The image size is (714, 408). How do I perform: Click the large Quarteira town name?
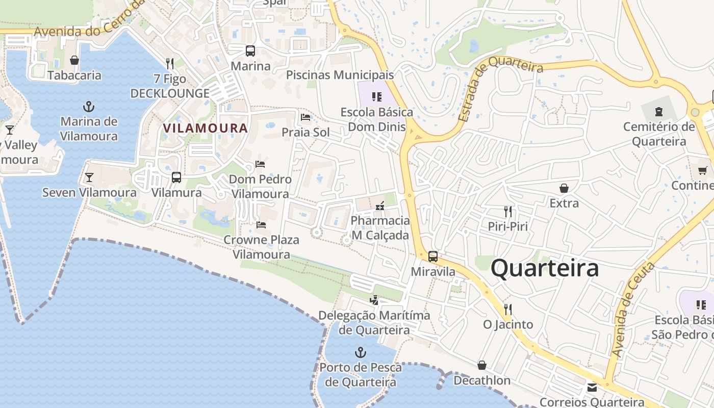point(545,268)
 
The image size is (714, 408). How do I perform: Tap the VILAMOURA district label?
point(206,128)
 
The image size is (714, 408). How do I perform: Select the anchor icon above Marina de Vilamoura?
point(89,107)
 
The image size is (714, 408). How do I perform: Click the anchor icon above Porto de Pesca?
point(361,352)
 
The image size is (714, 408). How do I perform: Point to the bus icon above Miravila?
point(433,257)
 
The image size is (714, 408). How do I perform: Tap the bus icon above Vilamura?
point(176,177)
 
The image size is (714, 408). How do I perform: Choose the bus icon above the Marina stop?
point(250,51)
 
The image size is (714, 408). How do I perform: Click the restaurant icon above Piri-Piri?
point(507,211)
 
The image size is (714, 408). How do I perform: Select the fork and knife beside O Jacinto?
point(507,310)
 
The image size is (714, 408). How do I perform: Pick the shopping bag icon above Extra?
point(564,189)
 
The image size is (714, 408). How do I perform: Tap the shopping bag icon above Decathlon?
point(482,365)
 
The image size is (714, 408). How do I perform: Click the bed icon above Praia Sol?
point(305,117)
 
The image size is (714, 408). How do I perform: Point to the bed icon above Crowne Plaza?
point(261,224)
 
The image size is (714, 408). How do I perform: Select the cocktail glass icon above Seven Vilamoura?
point(89,177)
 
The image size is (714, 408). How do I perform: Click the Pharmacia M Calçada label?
point(380,228)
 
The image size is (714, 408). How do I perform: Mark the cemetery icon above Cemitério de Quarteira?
point(659,111)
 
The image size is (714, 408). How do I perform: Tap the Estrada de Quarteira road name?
point(500,89)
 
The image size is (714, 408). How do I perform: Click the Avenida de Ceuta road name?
point(633,310)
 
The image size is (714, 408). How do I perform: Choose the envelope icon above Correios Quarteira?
point(592,388)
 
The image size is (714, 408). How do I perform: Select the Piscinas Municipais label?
point(340,75)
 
